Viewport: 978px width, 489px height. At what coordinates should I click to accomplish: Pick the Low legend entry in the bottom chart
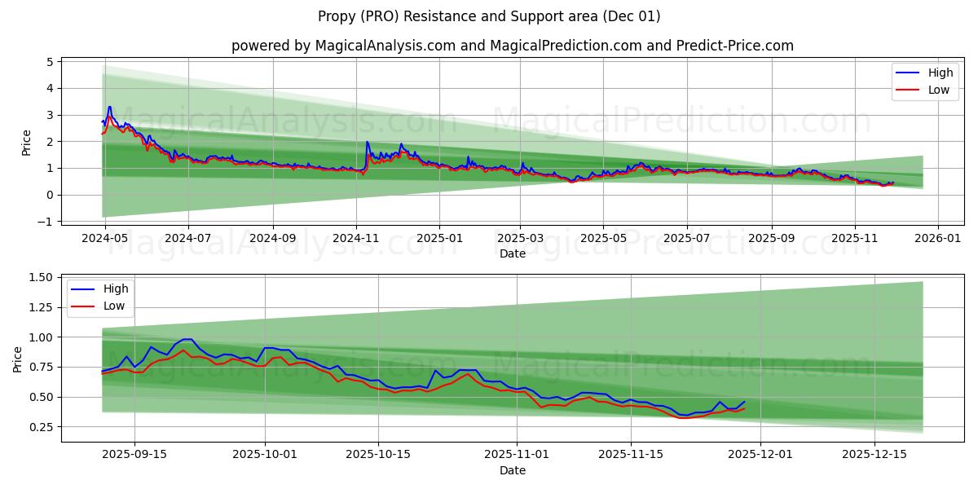click(x=115, y=306)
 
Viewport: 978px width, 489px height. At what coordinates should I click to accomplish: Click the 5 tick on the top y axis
click(x=50, y=62)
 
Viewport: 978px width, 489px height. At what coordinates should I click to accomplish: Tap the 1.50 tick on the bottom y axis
click(x=40, y=278)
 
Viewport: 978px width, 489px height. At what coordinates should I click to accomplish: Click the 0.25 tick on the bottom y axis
click(x=40, y=427)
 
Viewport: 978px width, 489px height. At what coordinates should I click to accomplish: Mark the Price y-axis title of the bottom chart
click(x=18, y=359)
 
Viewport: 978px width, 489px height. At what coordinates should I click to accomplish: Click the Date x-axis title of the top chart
click(x=512, y=254)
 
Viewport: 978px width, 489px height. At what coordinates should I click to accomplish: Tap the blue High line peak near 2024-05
click(x=109, y=107)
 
